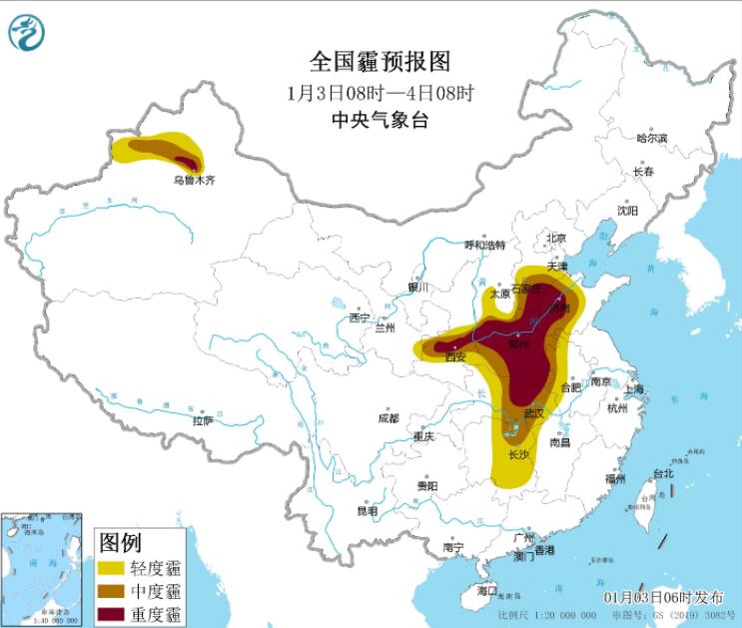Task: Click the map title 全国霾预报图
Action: click(x=367, y=62)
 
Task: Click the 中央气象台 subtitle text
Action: click(x=367, y=121)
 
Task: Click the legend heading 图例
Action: click(x=121, y=543)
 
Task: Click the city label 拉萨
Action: click(x=203, y=421)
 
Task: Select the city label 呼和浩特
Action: click(x=486, y=245)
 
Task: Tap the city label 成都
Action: click(x=387, y=418)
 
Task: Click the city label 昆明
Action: click(x=368, y=510)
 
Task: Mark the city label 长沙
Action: click(x=518, y=454)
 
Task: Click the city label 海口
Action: click(x=486, y=591)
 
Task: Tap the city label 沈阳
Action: click(x=626, y=211)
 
